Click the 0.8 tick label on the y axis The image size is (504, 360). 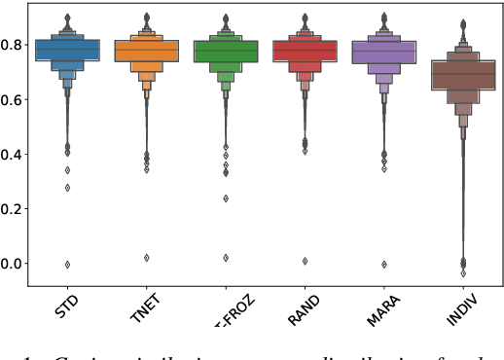[x=15, y=44]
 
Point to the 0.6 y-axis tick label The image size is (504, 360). [x=15, y=98]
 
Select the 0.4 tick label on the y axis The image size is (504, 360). [x=15, y=153]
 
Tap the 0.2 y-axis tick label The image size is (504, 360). [x=15, y=208]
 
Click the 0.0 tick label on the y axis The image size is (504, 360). [x=15, y=263]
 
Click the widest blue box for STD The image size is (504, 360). [x=67, y=50]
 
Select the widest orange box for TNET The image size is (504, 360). [x=146, y=51]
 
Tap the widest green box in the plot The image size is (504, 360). [x=226, y=52]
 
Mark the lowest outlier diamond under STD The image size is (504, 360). [x=67, y=264]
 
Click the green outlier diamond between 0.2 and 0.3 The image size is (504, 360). [x=226, y=198]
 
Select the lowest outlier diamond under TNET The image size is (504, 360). [x=146, y=258]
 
